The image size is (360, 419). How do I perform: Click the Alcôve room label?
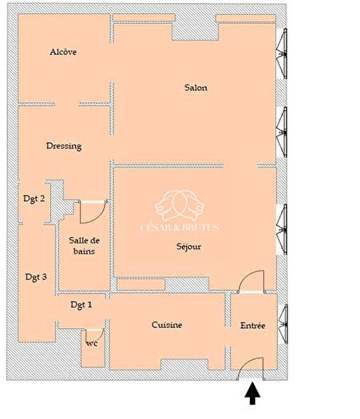(63, 52)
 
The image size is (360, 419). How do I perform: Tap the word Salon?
(196, 88)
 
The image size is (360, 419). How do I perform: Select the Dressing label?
(64, 146)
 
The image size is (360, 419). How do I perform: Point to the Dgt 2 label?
(33, 199)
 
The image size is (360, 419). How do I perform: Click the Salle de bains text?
(83, 246)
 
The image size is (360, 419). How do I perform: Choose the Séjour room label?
(189, 247)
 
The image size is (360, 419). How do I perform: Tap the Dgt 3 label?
(35, 277)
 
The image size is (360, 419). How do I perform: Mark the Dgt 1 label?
(81, 305)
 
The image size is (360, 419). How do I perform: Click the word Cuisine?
(168, 325)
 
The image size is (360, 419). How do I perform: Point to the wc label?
(92, 344)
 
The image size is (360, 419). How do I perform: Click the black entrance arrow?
(253, 393)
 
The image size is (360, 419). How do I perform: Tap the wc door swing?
(94, 334)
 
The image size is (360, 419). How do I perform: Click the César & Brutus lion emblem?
(182, 206)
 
